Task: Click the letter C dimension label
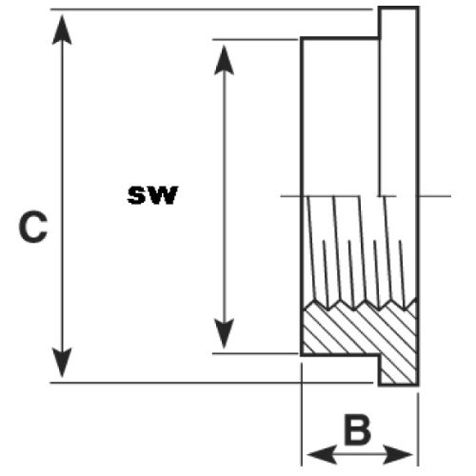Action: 33,228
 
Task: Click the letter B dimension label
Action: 358,428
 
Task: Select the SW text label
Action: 152,195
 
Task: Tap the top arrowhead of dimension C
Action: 62,30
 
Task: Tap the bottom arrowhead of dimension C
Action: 62,362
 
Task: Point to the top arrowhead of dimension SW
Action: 224,60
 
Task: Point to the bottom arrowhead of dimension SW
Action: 224,334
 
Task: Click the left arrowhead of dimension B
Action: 322,454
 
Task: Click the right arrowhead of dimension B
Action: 398,454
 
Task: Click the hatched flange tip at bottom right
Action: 399,369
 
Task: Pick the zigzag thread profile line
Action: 360,304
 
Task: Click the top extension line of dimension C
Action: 211,10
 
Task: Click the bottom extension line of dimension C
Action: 211,383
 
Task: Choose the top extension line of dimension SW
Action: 255,39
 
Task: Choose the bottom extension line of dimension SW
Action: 255,353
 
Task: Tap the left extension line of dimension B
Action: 302,414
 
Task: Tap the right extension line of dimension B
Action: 418,429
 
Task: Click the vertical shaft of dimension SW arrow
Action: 224,197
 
